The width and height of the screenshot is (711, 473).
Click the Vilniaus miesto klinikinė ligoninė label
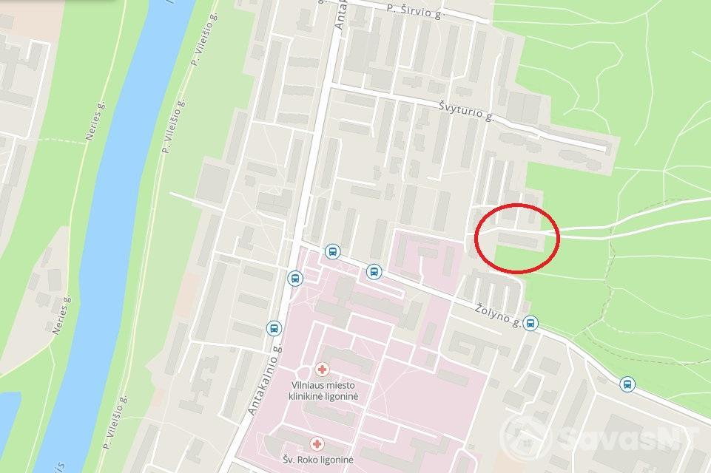tap(323, 391)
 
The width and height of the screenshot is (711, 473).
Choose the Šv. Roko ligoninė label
tap(318, 460)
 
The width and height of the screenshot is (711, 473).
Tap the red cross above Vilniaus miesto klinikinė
tap(322, 369)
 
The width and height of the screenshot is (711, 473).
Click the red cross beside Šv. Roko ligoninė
tap(317, 443)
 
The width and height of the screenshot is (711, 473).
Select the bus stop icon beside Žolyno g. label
tap(530, 323)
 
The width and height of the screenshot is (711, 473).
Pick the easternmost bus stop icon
tap(627, 384)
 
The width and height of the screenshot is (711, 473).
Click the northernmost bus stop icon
tap(333, 252)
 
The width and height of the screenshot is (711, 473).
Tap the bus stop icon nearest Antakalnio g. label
tap(274, 329)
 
